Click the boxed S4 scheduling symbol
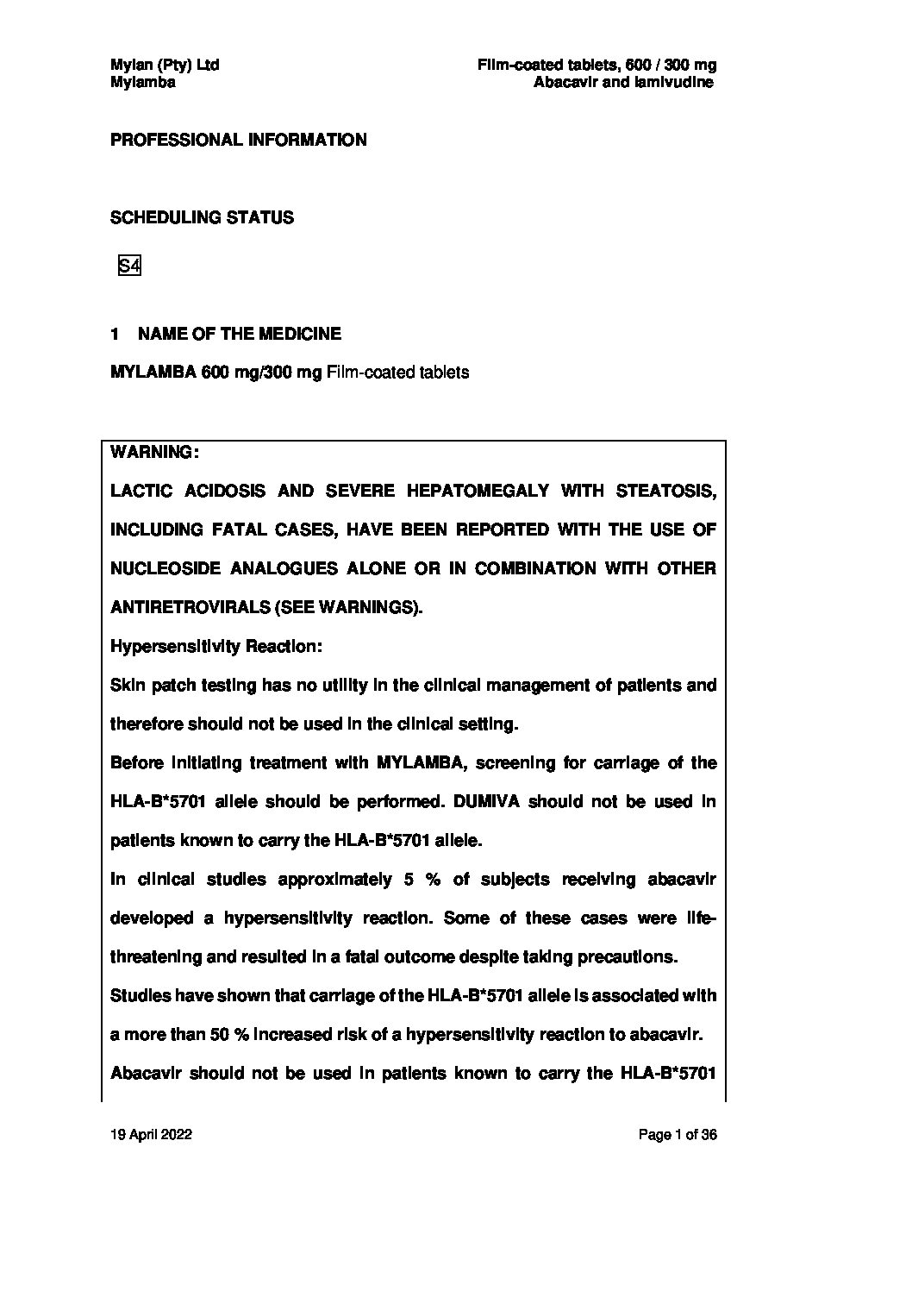[129, 266]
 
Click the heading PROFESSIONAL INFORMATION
[238, 140]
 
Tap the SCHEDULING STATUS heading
[202, 217]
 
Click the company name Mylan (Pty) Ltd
[165, 65]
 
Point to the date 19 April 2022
[151, 1135]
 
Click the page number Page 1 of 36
[678, 1135]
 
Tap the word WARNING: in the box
[155, 452]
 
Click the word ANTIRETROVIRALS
[189, 607]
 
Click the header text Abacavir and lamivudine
[623, 83]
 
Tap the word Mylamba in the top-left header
[143, 83]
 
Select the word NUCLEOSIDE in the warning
[161, 568]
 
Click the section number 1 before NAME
[115, 334]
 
